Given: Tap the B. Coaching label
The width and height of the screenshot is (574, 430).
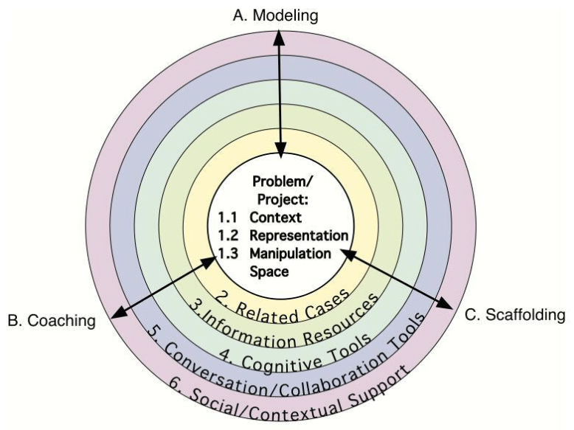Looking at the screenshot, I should click(52, 321).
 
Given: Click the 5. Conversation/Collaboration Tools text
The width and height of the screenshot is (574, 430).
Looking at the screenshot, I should click(288, 368).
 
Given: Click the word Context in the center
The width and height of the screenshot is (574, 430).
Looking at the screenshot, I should click(275, 217).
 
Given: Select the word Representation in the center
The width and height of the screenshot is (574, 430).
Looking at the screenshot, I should click(298, 235).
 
